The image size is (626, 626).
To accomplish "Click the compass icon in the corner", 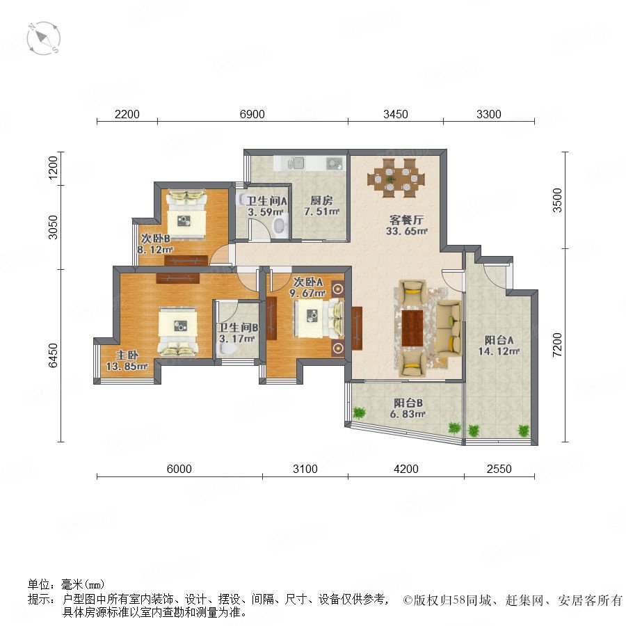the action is [44, 38].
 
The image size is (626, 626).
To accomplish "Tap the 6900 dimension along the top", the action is [252, 114].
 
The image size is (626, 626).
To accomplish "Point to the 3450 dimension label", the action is [396, 114].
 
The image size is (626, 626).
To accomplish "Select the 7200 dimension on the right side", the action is [557, 344].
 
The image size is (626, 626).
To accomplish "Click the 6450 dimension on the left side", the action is [53, 355].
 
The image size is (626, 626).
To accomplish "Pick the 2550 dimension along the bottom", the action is [499, 469].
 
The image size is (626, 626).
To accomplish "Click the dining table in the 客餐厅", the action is [396, 178].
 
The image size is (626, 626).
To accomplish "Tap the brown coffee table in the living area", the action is [412, 328].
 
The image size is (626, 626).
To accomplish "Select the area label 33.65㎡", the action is [407, 231].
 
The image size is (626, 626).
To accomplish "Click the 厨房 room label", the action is [321, 200].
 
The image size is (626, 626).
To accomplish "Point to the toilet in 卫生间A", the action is [281, 226].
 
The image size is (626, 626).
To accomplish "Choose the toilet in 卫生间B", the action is [226, 349].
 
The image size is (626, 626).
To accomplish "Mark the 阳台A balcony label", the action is [499, 340].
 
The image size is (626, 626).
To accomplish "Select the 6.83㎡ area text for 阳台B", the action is [407, 415].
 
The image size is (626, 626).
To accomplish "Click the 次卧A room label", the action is [308, 282].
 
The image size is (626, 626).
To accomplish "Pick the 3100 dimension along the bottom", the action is [305, 469].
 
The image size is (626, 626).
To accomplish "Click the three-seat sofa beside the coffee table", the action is [449, 328].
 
